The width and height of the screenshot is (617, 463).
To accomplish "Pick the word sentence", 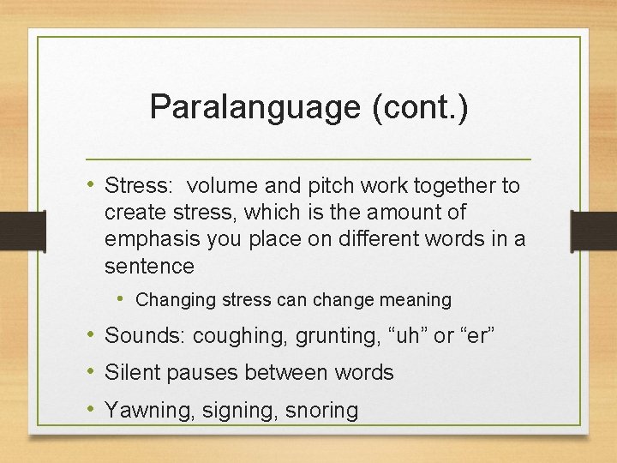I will coord(149,266).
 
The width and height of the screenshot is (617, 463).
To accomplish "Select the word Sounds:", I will coord(145,337).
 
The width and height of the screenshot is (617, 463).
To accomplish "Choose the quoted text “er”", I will coord(477,337).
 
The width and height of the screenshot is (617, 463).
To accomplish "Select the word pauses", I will coord(199,373).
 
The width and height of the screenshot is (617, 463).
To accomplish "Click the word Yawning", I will coord(149,410).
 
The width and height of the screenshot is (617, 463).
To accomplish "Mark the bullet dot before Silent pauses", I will coord(93,372).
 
